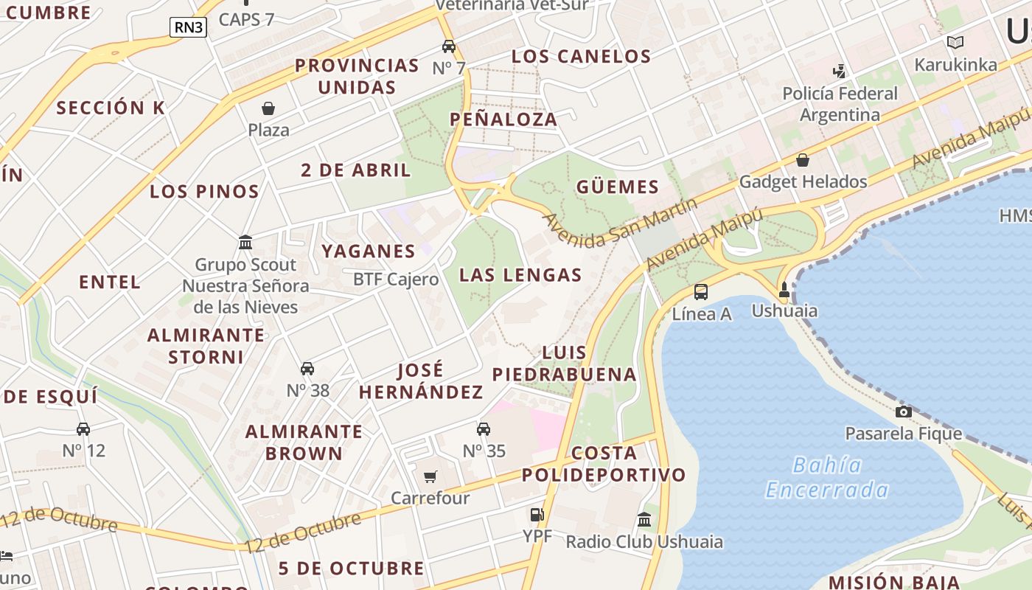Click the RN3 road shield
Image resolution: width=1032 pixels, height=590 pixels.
pos(188,28)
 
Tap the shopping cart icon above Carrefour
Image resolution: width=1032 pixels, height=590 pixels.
pos(430,477)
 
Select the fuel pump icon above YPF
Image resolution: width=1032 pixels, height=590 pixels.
pos(537,515)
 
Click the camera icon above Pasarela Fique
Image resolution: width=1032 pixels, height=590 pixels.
pos(903,412)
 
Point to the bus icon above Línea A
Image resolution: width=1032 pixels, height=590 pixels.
pos(700,291)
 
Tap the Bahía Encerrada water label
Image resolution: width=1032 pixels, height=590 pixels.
pos(826,477)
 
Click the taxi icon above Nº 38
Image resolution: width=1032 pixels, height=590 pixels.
pos(307,369)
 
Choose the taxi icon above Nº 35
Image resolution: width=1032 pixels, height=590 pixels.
pos(484,428)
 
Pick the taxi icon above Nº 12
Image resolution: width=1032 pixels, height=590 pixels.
pos(83,428)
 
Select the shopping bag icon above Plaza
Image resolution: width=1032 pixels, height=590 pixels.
pos(268,108)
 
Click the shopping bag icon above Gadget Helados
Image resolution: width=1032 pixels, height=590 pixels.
pos(803,159)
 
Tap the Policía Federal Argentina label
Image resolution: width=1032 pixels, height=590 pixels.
pos(840,104)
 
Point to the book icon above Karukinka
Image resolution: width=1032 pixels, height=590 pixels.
pos(955,43)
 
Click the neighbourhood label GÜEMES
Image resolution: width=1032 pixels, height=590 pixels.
pos(617,187)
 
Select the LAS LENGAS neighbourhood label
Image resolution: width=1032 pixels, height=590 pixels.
pos(520,275)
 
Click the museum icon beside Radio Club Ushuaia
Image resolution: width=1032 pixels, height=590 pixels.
pos(644,519)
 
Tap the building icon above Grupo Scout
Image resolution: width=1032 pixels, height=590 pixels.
pos(245,242)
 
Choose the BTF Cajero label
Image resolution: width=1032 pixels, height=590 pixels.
pos(396,280)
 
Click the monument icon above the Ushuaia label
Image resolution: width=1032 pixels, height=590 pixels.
pos(784,290)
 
